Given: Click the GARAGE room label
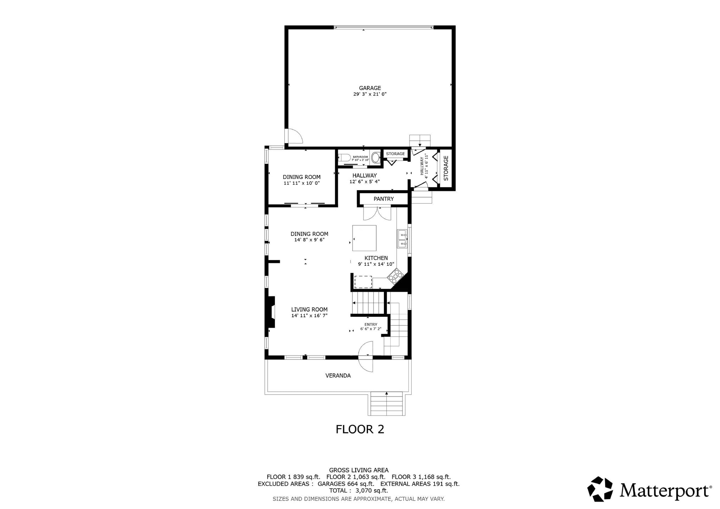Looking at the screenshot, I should (370, 88).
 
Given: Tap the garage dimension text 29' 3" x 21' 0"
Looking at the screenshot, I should (370, 94).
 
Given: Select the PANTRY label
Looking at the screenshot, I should (384, 199).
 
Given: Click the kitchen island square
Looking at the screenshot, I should (364, 238).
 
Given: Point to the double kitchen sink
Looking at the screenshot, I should (402, 239).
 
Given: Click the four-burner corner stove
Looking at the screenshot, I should (396, 276).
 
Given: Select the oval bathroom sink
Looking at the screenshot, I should (375, 157).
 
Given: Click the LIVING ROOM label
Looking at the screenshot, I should (309, 309).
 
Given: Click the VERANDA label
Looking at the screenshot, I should (338, 375).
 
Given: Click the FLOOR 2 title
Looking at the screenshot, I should (360, 429).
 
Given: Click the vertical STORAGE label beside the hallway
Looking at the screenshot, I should (446, 168).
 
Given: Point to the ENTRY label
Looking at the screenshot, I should (371, 324).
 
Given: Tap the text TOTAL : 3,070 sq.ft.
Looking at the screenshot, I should (358, 490).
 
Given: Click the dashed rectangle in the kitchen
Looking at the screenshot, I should (363, 282).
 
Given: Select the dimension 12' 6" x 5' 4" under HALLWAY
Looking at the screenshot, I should (364, 182).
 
